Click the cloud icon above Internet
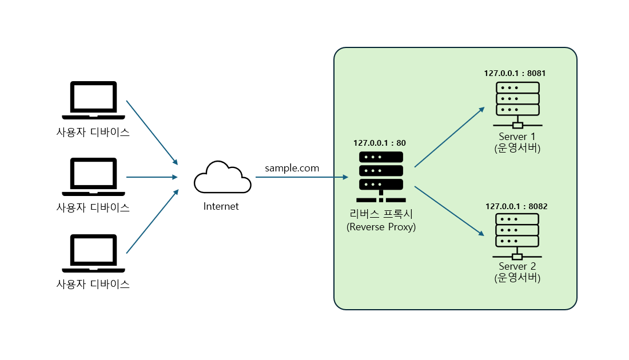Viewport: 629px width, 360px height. coord(222,177)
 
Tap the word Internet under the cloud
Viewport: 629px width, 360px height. coord(221,206)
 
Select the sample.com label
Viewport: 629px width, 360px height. coord(292,168)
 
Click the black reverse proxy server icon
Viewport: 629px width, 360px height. coord(381,177)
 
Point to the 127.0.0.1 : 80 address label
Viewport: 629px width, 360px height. coord(380,143)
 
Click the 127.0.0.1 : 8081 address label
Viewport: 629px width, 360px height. coord(515,73)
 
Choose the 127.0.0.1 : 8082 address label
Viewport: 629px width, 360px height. coord(516,206)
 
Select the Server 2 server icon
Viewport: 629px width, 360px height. coord(517,237)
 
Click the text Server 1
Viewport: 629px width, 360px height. coord(517,137)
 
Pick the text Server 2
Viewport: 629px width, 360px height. coord(517,266)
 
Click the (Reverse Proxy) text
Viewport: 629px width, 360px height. coord(381,227)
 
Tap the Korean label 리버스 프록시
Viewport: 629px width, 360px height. coord(381,214)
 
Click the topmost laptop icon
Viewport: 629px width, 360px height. coord(93,100)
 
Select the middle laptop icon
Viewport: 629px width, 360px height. coord(93,177)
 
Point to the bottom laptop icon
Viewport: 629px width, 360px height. coord(93,253)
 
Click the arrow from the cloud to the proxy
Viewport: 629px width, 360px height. coord(302,177)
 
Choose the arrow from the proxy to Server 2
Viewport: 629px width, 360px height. coord(449,211)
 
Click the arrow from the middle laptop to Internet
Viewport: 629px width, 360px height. coord(152,177)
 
